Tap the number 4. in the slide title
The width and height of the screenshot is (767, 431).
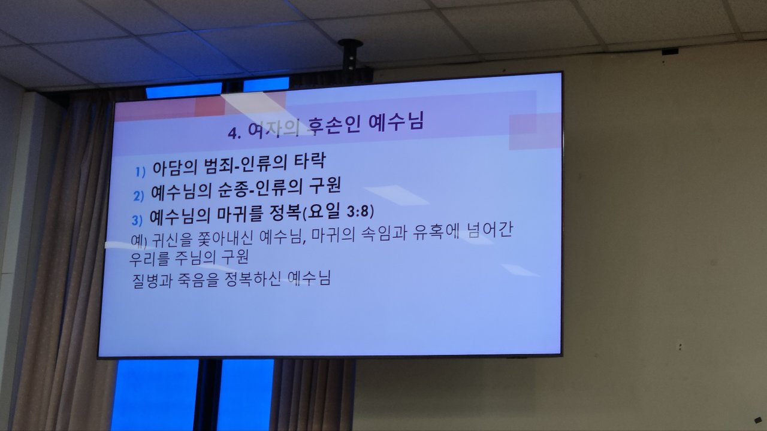[x=235, y=133]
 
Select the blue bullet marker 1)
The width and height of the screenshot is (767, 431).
[x=140, y=172]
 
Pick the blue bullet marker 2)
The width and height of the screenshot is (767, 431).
[x=138, y=196]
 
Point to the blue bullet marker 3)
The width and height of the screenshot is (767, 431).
[x=137, y=220]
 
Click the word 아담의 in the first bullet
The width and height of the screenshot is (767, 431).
[x=175, y=167]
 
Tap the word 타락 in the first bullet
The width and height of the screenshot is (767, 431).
[x=310, y=162]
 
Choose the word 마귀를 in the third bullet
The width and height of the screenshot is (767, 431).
[x=240, y=214]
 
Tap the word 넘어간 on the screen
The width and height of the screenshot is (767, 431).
[x=491, y=230]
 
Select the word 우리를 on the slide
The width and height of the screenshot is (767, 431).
[x=149, y=259]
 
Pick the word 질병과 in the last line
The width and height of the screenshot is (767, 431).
[x=152, y=281]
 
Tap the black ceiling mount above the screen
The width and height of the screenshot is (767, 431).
[x=350, y=55]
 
